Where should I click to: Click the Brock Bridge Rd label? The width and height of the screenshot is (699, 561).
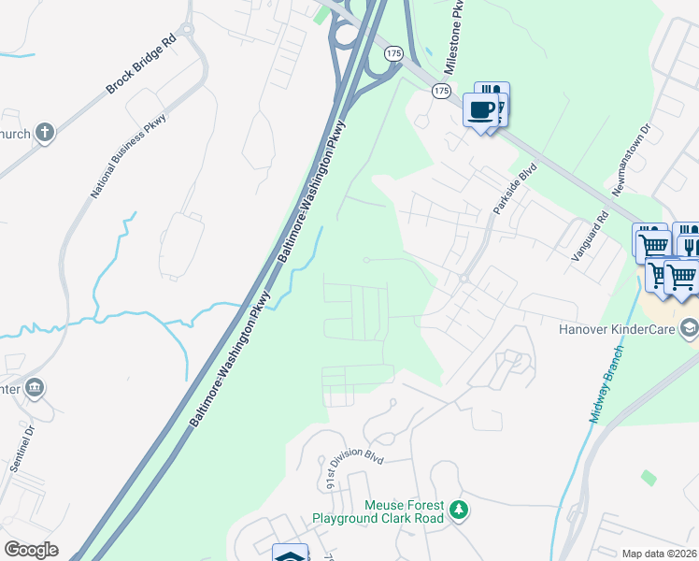point(141,65)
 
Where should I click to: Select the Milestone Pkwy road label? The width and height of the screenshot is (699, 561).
point(453,38)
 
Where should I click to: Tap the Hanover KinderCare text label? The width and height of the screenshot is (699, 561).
point(617,329)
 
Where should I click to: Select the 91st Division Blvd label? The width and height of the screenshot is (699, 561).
point(355,468)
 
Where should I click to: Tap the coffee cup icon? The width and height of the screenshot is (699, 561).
point(481,111)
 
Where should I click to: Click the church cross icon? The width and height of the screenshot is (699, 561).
point(45,133)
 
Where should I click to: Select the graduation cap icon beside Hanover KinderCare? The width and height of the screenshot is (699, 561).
point(689,328)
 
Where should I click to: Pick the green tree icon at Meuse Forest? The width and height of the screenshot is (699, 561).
point(458,510)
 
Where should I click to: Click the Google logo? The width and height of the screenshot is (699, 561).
point(31,550)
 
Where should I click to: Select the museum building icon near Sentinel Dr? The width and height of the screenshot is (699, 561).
point(35,386)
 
